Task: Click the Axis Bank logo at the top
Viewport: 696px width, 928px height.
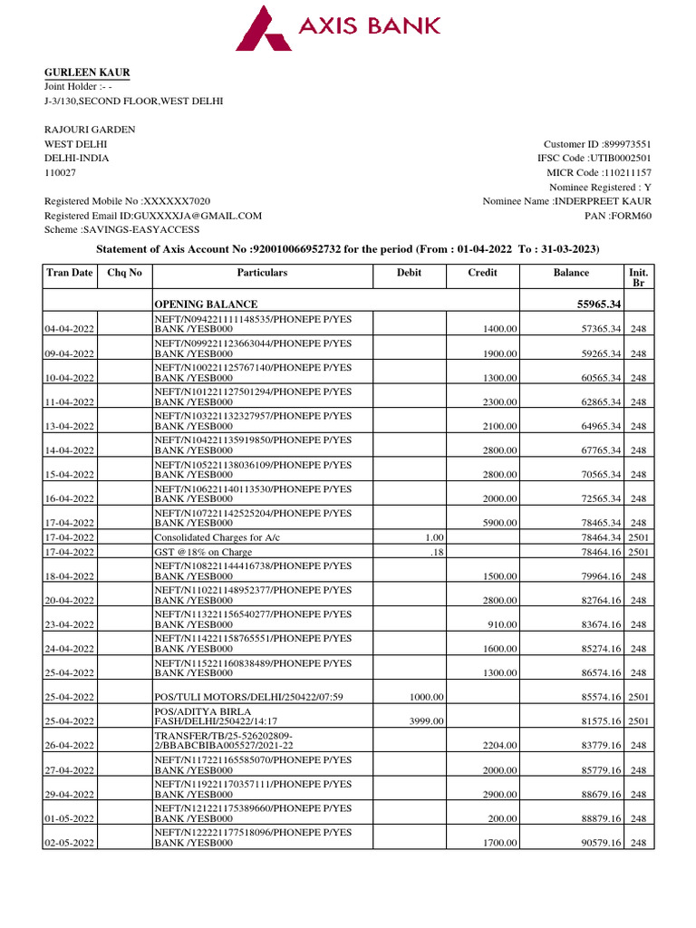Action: (x=338, y=27)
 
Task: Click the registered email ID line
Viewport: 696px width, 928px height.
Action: (x=153, y=216)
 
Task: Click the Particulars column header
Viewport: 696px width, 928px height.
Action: (x=262, y=272)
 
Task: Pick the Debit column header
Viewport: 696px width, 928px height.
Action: (x=409, y=272)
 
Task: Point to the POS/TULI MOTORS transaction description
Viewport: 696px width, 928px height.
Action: (x=248, y=697)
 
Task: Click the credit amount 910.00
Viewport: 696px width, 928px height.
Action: (x=503, y=624)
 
